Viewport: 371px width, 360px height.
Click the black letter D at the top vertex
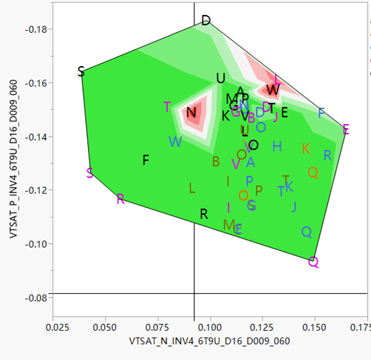[x=206, y=21]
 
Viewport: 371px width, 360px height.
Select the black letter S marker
[x=81, y=72]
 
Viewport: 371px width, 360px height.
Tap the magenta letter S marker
[x=90, y=172]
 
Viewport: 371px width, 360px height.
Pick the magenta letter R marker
[x=121, y=199]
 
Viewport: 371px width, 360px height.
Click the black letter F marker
[x=145, y=160]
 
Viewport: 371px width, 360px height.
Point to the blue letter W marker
[x=175, y=142]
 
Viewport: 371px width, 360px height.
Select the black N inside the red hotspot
[x=191, y=112]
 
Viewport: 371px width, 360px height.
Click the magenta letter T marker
[x=167, y=107]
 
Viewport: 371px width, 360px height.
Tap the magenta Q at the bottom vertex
[x=313, y=262]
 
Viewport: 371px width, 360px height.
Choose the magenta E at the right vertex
[x=346, y=130]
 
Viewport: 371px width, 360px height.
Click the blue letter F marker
[x=321, y=113]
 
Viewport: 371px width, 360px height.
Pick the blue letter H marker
[x=276, y=147]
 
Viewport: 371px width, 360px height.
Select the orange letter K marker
[x=306, y=149]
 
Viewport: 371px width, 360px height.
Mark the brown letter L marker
[x=192, y=187]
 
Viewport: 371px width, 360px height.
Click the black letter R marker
[x=203, y=214]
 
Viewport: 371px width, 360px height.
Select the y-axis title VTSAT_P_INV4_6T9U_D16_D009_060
[x=12, y=158]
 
